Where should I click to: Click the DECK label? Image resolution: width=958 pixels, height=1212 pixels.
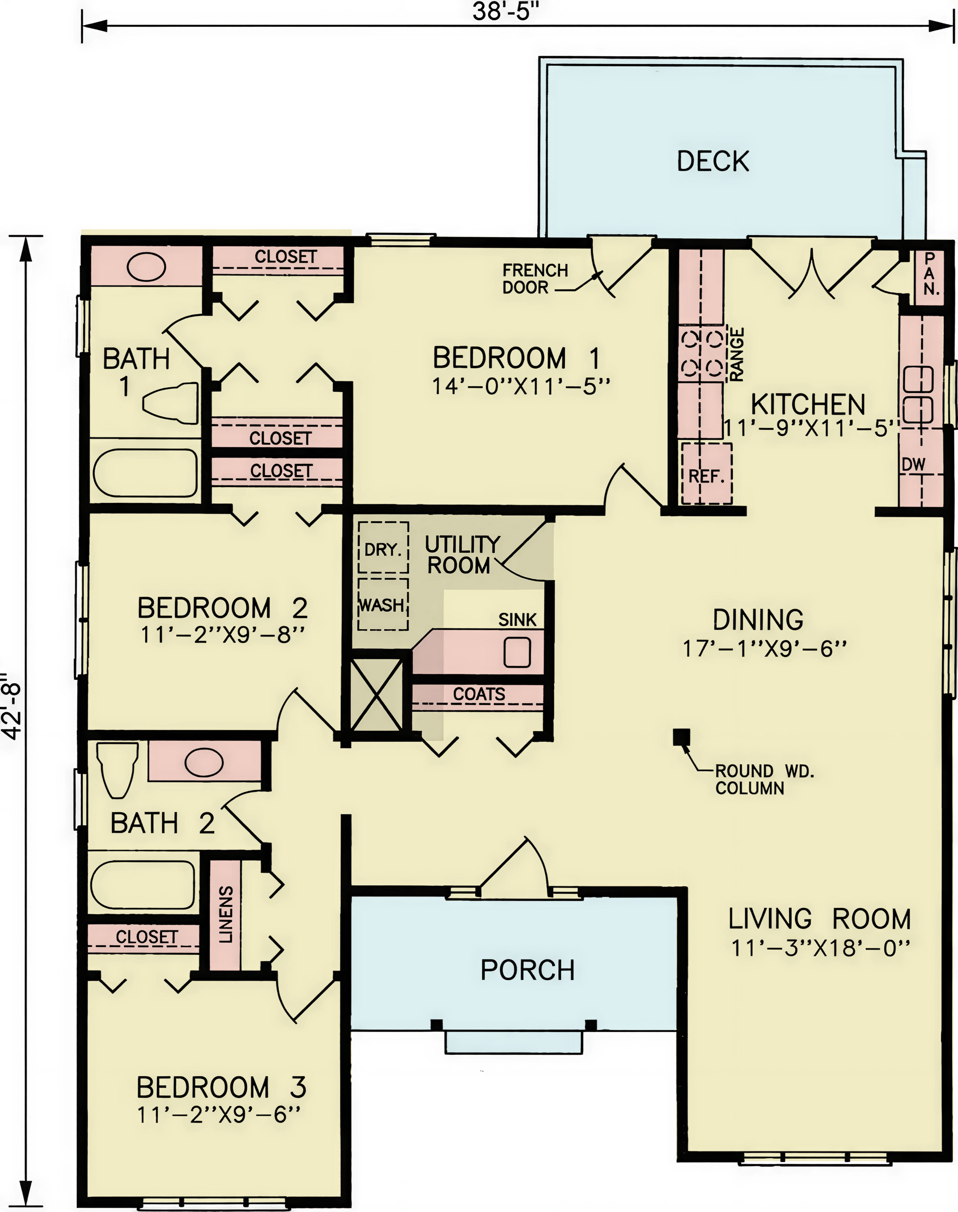tap(713, 161)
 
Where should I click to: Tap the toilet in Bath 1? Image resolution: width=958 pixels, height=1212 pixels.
tap(171, 402)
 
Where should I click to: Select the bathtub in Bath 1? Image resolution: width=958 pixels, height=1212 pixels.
tap(145, 472)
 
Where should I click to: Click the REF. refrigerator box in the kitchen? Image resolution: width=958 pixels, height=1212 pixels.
tap(707, 473)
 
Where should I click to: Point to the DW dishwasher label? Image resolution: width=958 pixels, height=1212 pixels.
tap(914, 464)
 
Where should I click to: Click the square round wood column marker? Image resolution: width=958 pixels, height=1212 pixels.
tap(682, 737)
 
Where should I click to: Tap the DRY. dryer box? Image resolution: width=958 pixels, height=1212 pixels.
tap(383, 547)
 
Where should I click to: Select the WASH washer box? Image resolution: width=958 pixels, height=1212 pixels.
tap(383, 605)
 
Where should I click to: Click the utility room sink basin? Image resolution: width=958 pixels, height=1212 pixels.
tap(517, 652)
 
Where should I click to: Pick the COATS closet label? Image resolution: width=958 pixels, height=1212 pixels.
tap(479, 694)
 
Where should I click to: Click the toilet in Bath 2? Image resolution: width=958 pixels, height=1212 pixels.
tap(117, 770)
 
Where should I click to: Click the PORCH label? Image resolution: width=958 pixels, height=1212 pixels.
tap(528, 971)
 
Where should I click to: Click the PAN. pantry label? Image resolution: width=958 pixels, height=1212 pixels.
tap(931, 274)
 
